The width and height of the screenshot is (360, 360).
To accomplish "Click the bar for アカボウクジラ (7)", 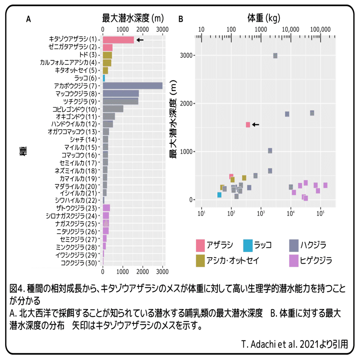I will pyautogui.click(x=133, y=86).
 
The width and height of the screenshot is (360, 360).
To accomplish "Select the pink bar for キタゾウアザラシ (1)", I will pyautogui.click(x=118, y=40).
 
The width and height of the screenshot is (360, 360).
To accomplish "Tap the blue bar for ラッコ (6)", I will pyautogui.click(x=104, y=78).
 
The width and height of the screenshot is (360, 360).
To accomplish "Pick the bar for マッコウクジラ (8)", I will pyautogui.click(x=121, y=94).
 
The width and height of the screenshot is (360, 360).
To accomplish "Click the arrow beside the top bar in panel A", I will pyautogui.click(x=140, y=40).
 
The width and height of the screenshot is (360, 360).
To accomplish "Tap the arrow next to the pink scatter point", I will pyautogui.click(x=255, y=125).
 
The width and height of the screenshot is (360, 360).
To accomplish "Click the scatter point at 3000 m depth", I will pyautogui.click(x=275, y=56).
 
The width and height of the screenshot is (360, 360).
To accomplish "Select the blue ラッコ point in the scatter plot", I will pyautogui.click(x=219, y=195).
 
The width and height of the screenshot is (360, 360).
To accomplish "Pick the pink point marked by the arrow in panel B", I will pyautogui.click(x=248, y=125).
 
